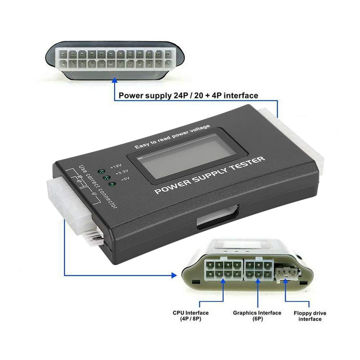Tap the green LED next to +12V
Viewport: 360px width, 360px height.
coord(102,172)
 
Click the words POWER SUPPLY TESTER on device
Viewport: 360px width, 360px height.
coord(210,175)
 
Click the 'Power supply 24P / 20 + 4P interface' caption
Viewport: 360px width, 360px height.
coord(188,95)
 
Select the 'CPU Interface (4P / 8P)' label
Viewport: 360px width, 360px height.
coord(190,315)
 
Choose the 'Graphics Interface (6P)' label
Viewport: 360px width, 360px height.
coord(257,315)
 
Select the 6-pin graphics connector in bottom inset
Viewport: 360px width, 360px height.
coord(258,269)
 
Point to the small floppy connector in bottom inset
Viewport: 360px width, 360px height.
coord(285,274)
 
